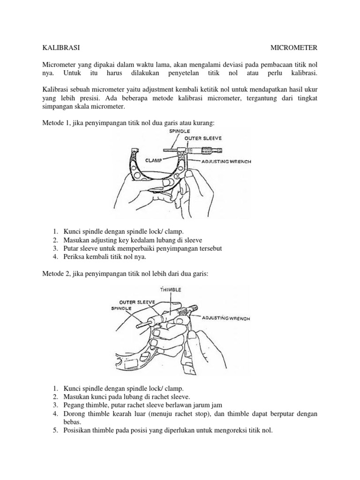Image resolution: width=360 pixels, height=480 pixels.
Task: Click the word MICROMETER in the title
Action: coord(296,47)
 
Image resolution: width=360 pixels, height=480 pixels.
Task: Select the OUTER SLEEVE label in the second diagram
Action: coord(137,302)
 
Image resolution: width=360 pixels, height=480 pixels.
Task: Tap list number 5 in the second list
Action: coord(55,431)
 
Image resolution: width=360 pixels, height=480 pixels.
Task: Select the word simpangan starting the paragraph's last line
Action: coord(54,107)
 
